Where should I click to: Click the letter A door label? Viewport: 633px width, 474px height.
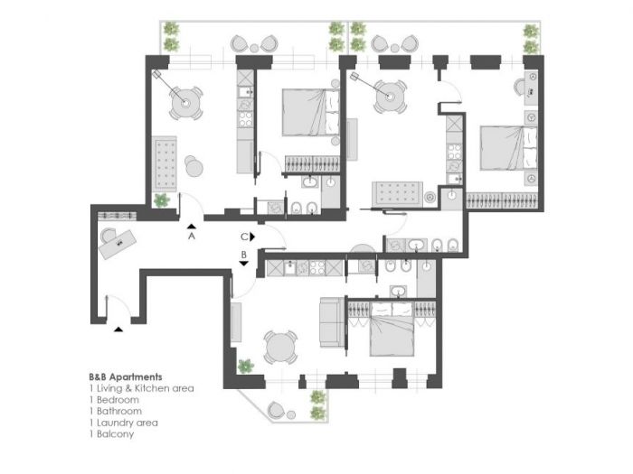tap(192, 237)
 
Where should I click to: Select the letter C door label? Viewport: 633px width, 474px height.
tap(243, 237)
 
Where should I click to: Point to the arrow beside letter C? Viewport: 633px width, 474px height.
tap(253, 237)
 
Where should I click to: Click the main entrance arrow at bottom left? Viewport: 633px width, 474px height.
tap(119, 329)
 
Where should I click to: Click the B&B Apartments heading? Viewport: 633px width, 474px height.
tap(126, 376)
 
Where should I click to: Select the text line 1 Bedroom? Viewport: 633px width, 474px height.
tap(114, 399)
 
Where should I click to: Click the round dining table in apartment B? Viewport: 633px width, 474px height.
tap(279, 347)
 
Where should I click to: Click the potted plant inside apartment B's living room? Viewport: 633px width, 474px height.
tap(244, 366)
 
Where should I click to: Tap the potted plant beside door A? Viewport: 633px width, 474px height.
tap(161, 200)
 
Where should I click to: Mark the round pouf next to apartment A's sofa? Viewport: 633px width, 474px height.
tap(195, 166)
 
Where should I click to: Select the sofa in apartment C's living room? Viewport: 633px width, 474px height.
tap(398, 193)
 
